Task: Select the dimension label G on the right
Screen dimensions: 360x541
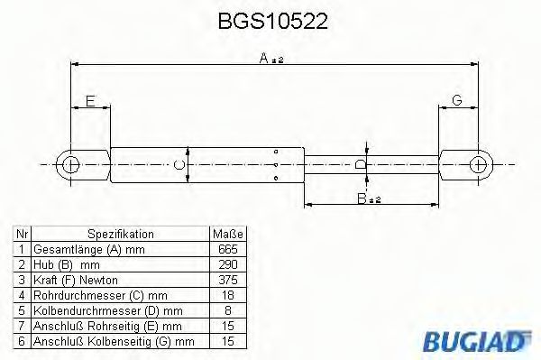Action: coord(456,100)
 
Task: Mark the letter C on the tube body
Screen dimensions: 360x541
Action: coord(180,165)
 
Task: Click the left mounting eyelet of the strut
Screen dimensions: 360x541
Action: coord(70,164)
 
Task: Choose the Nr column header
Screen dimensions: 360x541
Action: coord(22,233)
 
